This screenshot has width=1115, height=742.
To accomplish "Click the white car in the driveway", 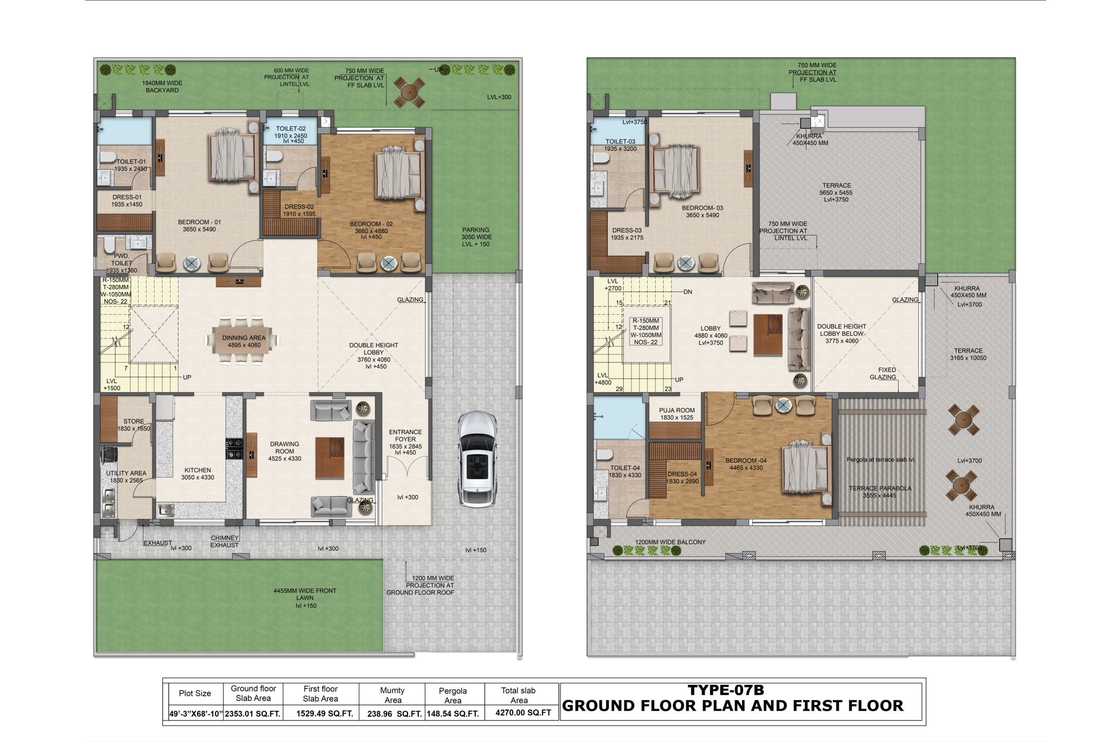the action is coord(477,459).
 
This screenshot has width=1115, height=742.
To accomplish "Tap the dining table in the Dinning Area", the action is coord(243,340).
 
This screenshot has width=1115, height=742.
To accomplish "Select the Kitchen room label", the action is coord(197,473).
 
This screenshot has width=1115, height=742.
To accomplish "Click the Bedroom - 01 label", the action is coord(199,226).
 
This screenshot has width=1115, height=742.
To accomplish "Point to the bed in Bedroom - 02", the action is coord(399,173).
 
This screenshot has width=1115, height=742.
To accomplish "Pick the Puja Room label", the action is coord(676,414).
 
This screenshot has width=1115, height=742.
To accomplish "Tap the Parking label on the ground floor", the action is coord(476,237).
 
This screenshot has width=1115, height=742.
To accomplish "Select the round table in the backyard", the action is coord(409,92).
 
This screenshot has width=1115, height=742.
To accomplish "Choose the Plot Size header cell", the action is coord(195,693).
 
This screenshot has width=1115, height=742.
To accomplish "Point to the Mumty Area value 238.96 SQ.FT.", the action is coord(394,714).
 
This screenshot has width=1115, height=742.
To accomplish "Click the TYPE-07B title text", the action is coord(725,690).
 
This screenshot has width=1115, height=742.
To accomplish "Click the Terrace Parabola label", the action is coord(880,492).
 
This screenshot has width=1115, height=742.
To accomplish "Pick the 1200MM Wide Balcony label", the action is coord(670,542).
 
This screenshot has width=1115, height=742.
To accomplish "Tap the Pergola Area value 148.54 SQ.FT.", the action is coord(453,714).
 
